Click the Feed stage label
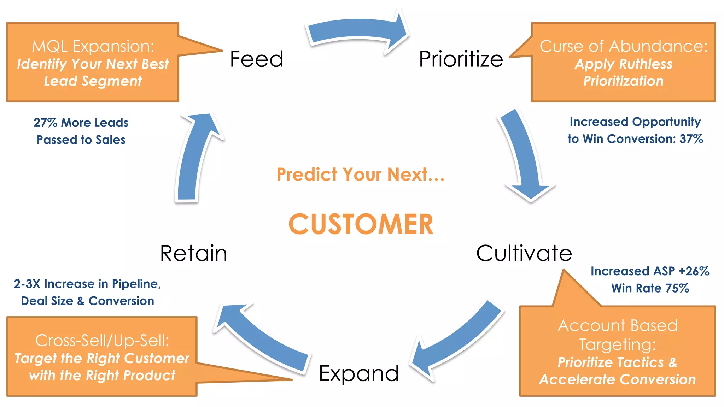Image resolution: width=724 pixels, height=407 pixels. click(x=257, y=59)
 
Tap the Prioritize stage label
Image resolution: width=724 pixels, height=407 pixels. click(x=461, y=59)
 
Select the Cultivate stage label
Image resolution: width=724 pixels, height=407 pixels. click(x=524, y=253)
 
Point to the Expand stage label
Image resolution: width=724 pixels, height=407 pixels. click(x=359, y=373)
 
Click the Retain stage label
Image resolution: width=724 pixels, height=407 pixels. click(x=193, y=253)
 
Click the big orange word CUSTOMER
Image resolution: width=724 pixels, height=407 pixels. click(x=361, y=224)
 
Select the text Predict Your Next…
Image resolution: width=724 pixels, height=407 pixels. click(x=361, y=175)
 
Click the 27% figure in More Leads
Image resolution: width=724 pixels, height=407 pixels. click(x=45, y=123)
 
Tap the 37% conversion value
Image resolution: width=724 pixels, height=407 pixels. click(x=691, y=139)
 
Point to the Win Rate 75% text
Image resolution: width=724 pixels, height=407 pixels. click(x=650, y=288)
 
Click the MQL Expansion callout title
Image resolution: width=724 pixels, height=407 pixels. click(x=93, y=46)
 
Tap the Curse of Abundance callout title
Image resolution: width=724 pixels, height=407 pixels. click(x=624, y=46)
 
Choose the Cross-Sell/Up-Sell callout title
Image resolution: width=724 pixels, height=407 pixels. click(x=102, y=341)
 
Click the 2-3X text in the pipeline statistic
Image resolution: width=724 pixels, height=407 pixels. click(x=27, y=284)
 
